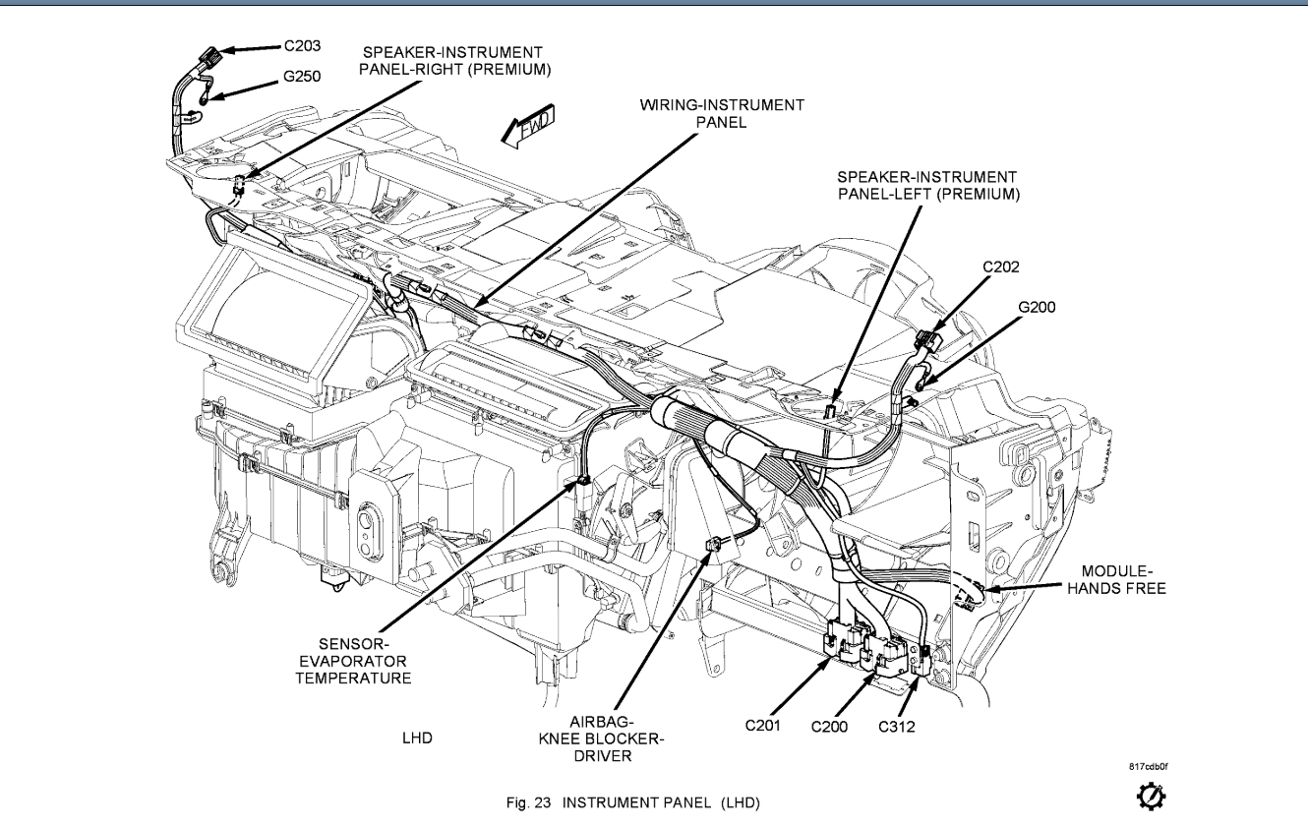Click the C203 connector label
pyautogui.click(x=303, y=45)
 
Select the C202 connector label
pyautogui.click(x=1001, y=266)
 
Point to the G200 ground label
pyautogui.click(x=1037, y=307)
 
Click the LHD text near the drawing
pyautogui.click(x=418, y=737)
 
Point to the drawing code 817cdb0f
pyautogui.click(x=1149, y=764)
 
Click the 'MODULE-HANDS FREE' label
pyautogui.click(x=1123, y=579)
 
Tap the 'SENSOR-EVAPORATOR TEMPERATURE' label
pyautogui.click(x=353, y=661)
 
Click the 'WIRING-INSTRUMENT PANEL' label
pyautogui.click(x=722, y=113)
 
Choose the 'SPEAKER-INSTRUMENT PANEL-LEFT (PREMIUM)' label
pyautogui.click(x=927, y=185)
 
